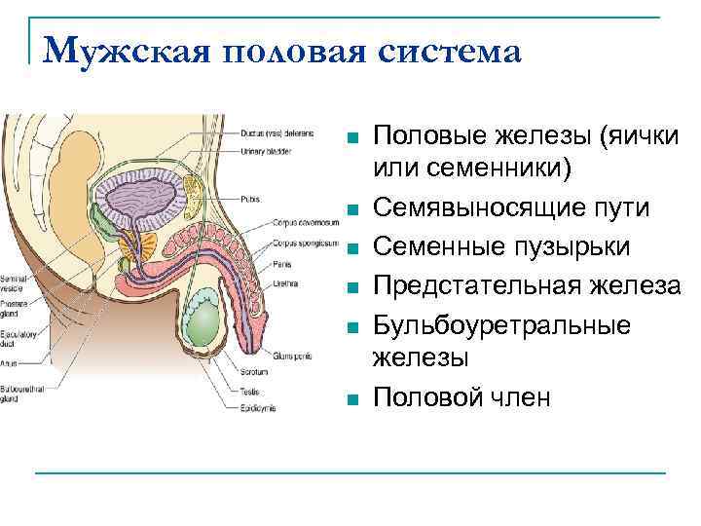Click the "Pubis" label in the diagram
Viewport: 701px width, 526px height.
[251, 199]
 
